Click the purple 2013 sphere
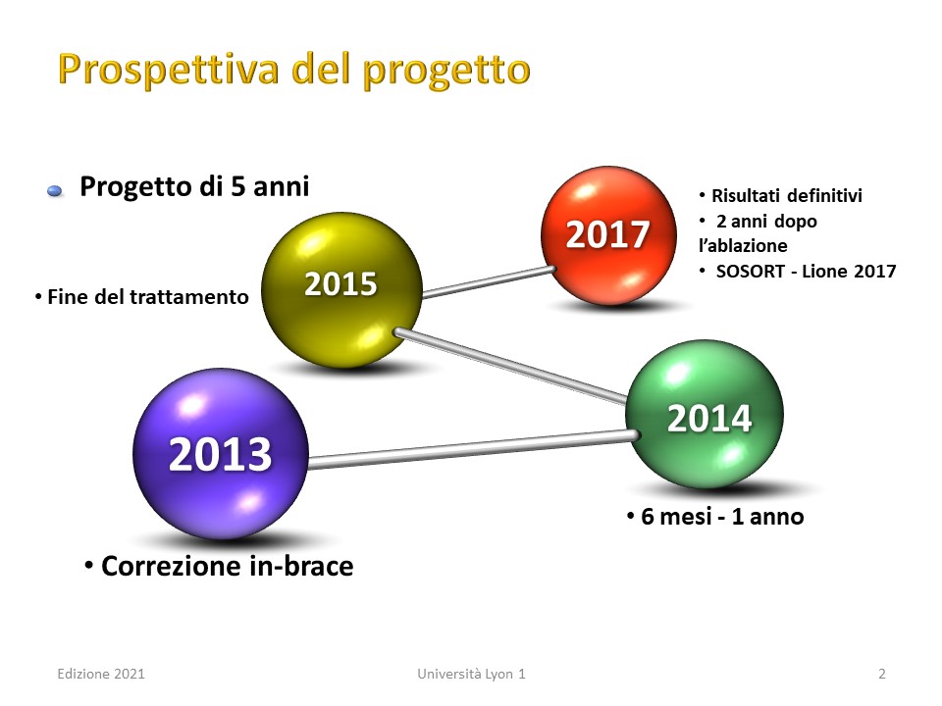221,454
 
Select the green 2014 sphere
705,414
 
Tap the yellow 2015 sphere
341,289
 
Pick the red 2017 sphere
608,235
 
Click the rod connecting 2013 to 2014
473,449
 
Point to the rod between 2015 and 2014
511,365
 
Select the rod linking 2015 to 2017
489,282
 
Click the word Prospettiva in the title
169,70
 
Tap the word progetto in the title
446,71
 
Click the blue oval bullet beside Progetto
55,191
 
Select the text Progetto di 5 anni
194,186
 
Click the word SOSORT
751,272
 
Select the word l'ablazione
743,245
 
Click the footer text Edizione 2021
101,675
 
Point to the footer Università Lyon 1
471,675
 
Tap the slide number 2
882,675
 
